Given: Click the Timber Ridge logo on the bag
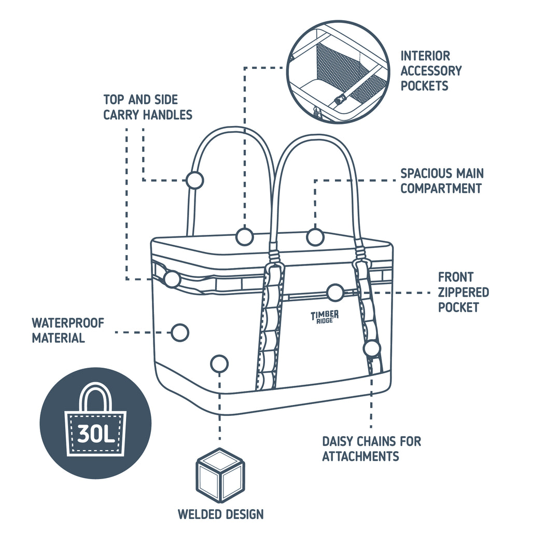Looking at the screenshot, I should (x=325, y=316).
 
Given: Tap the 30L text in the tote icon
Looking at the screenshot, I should (x=96, y=433).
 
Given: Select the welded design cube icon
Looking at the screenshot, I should (x=220, y=474).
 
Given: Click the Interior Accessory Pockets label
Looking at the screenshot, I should (x=431, y=71).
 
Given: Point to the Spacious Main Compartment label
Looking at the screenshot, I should (x=441, y=180).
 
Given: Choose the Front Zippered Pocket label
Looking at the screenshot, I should (x=463, y=292).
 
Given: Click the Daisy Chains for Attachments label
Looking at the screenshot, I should (x=371, y=449).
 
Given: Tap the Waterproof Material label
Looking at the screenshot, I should (x=68, y=330).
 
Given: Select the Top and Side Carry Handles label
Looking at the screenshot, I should (x=147, y=107).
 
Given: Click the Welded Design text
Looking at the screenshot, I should (x=221, y=514).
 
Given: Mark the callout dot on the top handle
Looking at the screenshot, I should (x=195, y=180).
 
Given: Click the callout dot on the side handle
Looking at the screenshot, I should (x=172, y=279).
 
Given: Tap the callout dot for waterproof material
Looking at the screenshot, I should (x=180, y=332).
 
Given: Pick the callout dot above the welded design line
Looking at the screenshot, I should (x=219, y=363).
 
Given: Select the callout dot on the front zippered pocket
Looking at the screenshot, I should (x=335, y=292).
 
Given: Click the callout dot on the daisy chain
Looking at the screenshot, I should (x=372, y=348).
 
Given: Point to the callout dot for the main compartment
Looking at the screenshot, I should (x=315, y=237).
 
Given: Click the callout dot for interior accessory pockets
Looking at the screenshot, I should (x=244, y=236).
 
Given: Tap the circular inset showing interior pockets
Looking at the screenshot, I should (x=338, y=72).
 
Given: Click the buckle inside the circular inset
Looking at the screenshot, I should (x=339, y=101).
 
